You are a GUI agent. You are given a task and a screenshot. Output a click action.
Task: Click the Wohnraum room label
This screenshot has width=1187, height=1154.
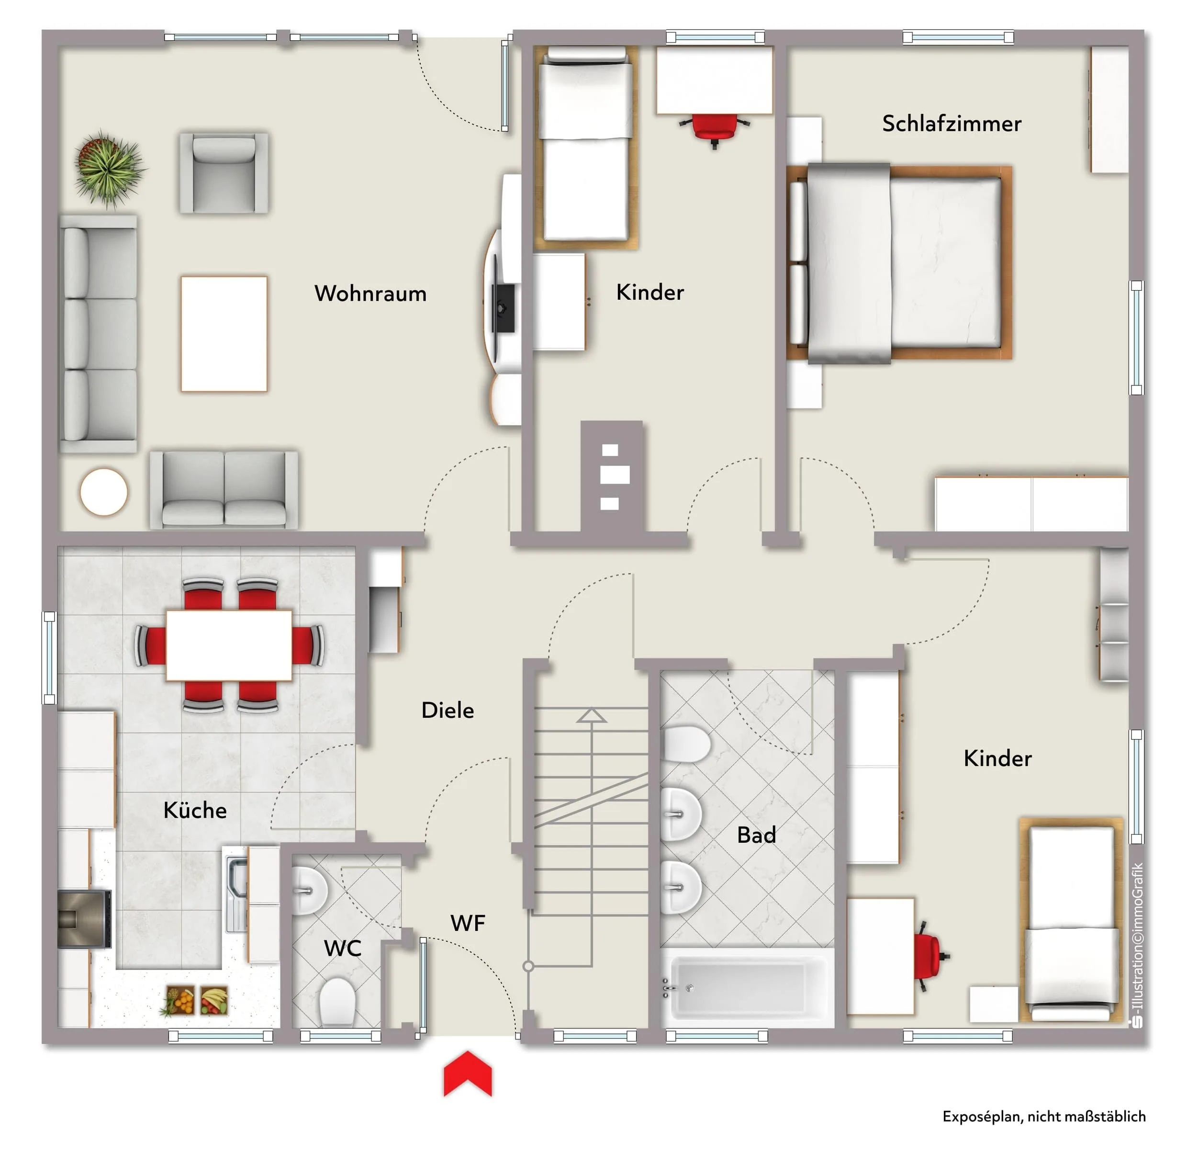pos(370,294)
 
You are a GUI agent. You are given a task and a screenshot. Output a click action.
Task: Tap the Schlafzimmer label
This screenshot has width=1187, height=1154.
pos(952,124)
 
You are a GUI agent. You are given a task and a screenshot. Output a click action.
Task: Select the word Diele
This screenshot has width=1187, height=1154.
pos(448,710)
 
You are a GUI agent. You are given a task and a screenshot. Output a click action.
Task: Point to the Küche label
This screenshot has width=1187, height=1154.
pos(195,810)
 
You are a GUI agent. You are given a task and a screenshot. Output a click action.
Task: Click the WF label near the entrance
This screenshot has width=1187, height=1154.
pos(468,923)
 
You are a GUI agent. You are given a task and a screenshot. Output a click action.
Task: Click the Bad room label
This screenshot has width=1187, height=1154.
pos(756,835)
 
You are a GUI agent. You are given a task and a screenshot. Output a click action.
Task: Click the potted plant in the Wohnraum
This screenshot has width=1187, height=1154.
pos(109,167)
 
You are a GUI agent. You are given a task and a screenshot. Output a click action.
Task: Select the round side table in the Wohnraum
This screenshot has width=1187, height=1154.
pos(103,492)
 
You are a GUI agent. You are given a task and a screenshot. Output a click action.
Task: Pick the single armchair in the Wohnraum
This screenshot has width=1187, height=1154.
pos(224,173)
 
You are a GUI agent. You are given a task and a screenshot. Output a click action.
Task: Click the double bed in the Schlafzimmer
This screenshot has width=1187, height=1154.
pos(899,262)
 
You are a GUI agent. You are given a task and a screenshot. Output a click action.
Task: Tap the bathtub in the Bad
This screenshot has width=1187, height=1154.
pos(747,988)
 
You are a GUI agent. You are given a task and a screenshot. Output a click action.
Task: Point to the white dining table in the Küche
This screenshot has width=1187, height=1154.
pos(229,645)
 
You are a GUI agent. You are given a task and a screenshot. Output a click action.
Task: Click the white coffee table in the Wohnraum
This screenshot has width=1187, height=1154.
pos(224,334)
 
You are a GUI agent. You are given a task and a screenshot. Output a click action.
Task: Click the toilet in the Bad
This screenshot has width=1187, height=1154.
pos(686,744)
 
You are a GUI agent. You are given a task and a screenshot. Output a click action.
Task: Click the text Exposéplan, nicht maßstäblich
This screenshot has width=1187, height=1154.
pos(1043,1117)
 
